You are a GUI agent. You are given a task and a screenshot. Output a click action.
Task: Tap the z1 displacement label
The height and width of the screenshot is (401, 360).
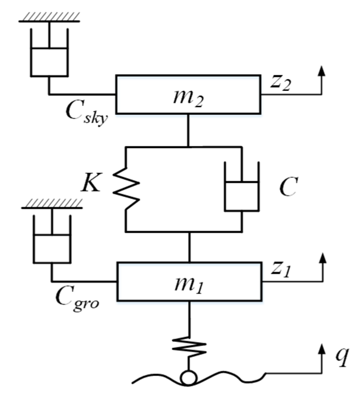click(280, 270)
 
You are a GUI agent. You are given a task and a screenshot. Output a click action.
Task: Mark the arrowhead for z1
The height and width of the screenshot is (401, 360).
click(322, 258)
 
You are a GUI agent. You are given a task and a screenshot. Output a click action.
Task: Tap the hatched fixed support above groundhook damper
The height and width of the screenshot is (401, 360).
click(52, 204)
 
